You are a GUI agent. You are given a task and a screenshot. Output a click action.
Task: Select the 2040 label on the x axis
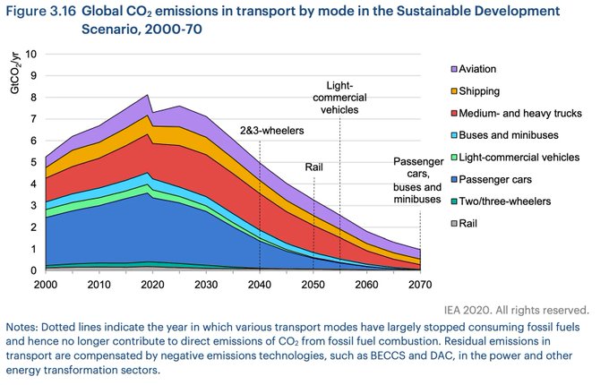point(260,286)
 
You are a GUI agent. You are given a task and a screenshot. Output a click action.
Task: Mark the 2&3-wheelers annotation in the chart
point(270,131)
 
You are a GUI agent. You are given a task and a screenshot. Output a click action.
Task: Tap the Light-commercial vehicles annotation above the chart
point(340,97)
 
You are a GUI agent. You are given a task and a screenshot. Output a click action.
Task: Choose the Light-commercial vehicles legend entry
point(506,158)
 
